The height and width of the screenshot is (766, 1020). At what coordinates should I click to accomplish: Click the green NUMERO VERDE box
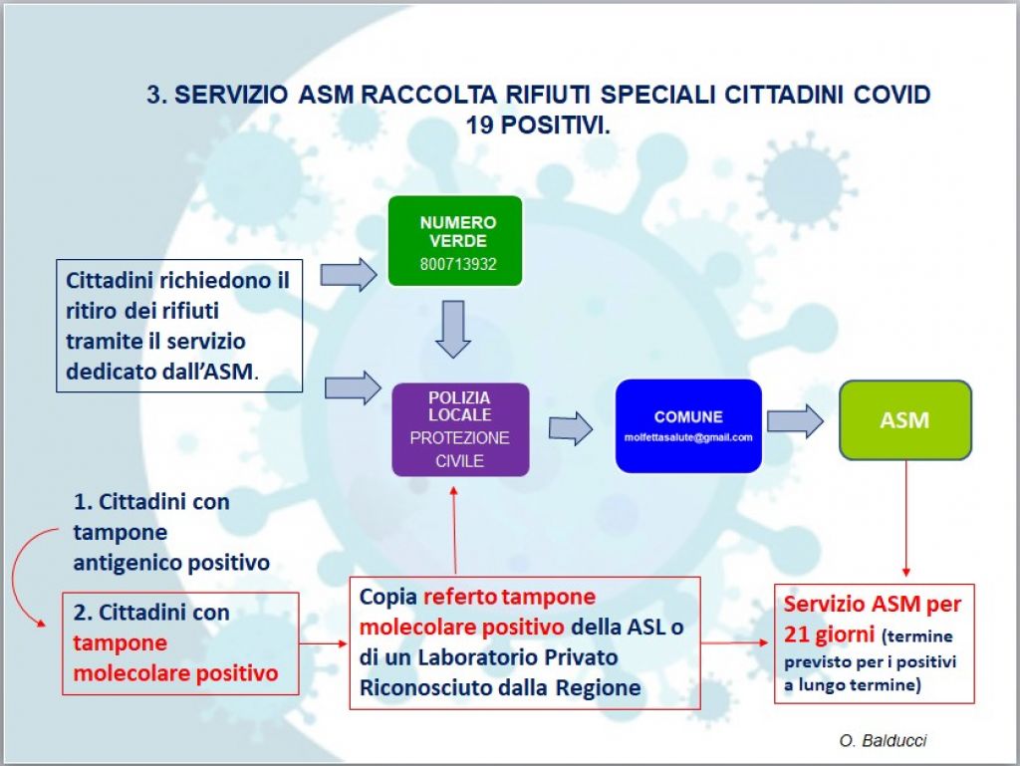click(455, 241)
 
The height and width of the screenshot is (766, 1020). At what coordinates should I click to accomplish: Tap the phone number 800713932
click(458, 265)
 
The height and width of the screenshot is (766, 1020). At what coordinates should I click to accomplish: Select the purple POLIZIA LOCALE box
click(460, 429)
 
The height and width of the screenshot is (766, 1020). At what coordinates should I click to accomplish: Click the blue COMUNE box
click(688, 426)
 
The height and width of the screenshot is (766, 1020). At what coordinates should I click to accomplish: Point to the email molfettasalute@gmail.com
click(688, 437)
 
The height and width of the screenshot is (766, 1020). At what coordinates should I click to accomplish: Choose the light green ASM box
click(904, 420)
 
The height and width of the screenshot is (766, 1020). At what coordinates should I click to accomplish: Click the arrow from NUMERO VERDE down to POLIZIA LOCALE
click(453, 329)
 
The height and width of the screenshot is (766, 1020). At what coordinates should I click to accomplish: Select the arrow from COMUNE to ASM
click(795, 421)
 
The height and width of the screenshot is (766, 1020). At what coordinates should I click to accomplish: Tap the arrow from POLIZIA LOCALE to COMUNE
click(571, 428)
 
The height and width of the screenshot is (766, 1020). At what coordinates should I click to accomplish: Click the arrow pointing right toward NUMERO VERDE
click(349, 274)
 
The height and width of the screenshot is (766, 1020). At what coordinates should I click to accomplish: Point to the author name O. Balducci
click(883, 740)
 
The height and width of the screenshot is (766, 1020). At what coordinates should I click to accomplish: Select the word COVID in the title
click(892, 95)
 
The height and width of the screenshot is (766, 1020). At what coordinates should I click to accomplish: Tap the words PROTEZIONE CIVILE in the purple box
click(459, 449)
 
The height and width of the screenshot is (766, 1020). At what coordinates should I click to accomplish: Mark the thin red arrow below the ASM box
click(906, 518)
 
